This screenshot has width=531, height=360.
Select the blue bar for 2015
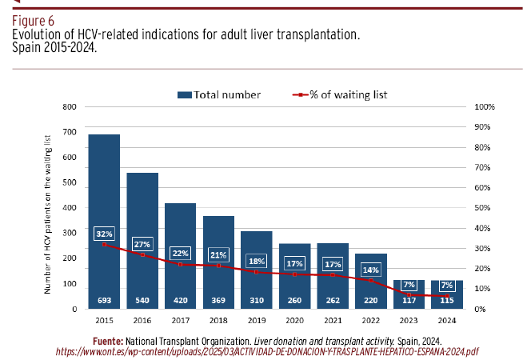104,222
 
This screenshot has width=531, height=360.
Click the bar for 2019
257,270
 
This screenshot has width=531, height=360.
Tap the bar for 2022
371,281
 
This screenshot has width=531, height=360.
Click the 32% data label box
104,234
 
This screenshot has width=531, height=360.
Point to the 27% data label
142,244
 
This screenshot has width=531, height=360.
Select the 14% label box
371,270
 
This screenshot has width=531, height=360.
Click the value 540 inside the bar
142,300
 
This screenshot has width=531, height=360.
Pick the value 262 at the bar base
333,300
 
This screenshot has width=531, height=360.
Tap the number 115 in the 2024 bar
447,300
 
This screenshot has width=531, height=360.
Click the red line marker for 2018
218,266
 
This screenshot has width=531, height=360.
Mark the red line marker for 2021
333,275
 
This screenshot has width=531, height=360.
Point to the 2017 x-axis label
180,320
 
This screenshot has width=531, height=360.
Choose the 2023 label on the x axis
409,320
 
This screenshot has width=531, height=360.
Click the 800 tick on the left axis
70,107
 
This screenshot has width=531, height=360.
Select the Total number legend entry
219,95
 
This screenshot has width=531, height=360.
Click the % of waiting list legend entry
340,95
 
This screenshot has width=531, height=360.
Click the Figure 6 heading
34,21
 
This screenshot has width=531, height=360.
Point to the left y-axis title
47,214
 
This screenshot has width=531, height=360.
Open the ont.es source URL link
267,352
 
